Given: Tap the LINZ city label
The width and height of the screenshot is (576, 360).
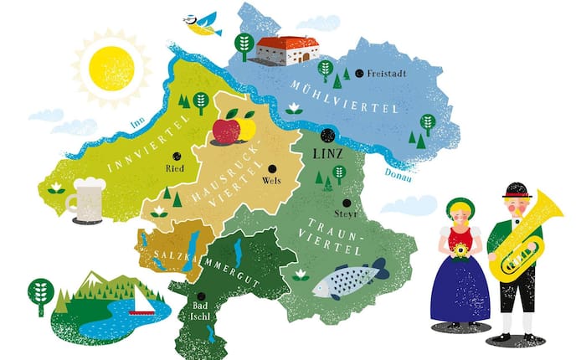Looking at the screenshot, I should [327, 155].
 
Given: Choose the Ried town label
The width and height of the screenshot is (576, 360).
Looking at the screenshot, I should [175, 168].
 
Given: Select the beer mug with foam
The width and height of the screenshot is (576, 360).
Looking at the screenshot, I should [86, 199].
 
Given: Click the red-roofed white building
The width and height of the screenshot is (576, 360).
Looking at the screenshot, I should [285, 49].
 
